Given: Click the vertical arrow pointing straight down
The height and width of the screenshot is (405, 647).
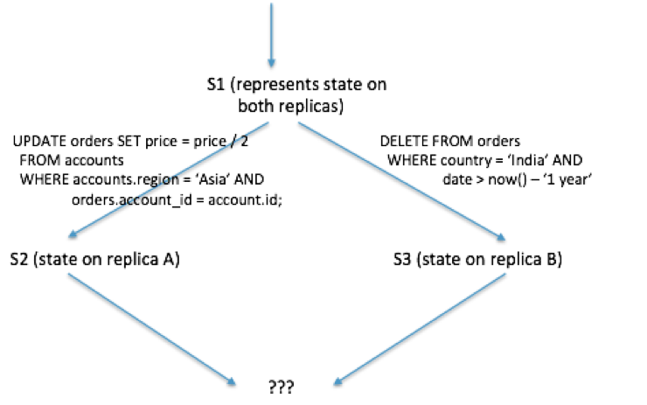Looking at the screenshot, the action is click(271, 35).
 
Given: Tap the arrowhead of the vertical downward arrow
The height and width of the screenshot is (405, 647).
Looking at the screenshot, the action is click(271, 64).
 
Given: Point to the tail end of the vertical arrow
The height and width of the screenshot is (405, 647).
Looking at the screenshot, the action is click(271, 3).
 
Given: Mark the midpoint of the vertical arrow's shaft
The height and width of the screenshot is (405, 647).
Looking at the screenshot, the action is click(271, 33).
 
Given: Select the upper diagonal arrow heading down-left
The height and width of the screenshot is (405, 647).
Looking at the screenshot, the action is click(168, 179).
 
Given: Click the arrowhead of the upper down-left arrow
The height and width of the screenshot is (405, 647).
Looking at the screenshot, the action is click(70, 236).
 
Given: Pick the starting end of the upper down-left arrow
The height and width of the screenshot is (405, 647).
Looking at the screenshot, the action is click(268, 122).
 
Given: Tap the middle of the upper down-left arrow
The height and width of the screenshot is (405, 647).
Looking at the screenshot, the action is click(169, 179).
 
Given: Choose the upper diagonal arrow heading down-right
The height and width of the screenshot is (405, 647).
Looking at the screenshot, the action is click(402, 180).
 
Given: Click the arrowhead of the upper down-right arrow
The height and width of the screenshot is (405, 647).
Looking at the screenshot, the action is click(504, 238).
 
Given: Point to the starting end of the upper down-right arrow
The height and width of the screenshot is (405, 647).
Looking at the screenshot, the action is click(298, 122).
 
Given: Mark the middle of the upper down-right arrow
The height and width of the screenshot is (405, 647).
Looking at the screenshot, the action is click(402, 180).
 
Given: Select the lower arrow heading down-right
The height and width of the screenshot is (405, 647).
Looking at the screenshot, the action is click(152, 328).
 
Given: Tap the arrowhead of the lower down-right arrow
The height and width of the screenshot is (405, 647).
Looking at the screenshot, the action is click(235, 383).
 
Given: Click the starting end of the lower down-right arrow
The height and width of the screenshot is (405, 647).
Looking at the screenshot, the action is click(68, 272).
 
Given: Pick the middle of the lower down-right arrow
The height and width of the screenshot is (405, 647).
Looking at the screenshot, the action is click(152, 328).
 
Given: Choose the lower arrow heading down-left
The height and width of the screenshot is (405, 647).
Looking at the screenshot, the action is click(420, 328).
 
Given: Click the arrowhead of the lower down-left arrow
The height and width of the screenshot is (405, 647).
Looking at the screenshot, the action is click(335, 383).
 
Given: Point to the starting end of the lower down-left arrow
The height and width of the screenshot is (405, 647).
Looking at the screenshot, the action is click(506, 272).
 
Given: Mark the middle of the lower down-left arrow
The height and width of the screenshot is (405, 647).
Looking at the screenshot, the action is click(420, 328).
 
